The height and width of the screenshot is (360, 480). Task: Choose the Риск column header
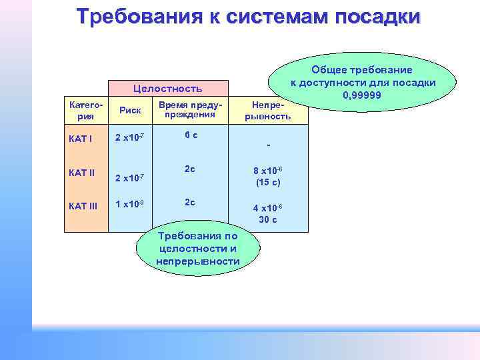point(129,111)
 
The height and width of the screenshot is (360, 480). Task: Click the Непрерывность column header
point(269,111)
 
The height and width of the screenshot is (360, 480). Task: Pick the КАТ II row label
point(82,173)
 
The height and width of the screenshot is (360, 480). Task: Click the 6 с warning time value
point(191,135)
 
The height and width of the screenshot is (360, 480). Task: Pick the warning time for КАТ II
point(191,169)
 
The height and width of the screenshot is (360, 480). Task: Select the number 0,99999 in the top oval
point(361,95)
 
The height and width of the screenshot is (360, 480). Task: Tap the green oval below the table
point(197,249)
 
